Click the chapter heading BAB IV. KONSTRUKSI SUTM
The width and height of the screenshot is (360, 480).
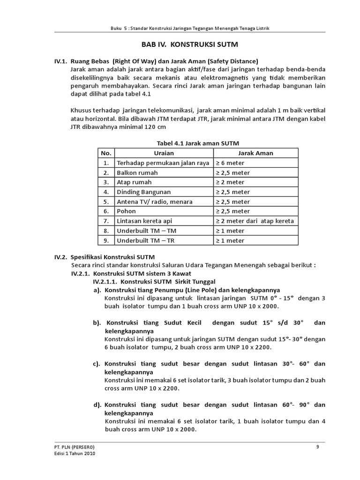190,45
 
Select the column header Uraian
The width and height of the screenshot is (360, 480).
164,153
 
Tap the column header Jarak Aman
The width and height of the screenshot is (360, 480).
255,153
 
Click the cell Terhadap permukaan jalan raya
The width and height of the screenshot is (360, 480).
163,163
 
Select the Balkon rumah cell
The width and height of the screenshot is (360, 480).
137,172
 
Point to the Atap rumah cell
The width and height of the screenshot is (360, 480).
134,182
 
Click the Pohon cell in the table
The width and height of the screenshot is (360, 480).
126,211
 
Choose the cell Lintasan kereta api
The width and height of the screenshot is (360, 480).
144,221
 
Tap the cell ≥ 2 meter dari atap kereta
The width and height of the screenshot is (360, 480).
255,221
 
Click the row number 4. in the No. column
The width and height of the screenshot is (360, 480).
106,192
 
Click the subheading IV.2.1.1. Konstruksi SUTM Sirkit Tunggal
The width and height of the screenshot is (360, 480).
154,282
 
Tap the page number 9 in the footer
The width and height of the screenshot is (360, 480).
318,447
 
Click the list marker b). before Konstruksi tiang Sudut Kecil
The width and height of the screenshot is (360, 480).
97,323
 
